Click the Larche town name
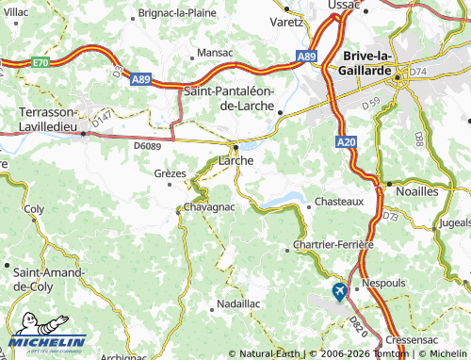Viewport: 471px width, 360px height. [x=236, y=161]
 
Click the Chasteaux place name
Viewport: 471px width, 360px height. [x=338, y=202]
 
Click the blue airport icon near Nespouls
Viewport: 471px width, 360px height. [x=339, y=292]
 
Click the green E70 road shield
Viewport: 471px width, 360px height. [x=39, y=62]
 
